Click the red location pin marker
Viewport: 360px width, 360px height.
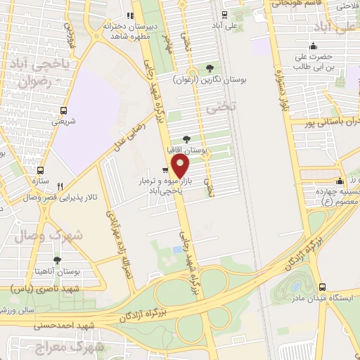tap(181, 167)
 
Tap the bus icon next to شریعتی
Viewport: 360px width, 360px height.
tap(64, 110)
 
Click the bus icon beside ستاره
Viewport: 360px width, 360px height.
tap(40, 170)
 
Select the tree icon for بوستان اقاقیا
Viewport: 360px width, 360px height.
tap(186, 140)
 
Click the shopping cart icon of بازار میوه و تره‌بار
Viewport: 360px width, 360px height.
tap(165, 170)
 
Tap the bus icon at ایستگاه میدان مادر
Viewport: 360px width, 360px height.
tap(322, 287)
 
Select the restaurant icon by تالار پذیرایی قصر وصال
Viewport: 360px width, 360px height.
tap(61, 186)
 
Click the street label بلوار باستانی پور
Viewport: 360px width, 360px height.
tap(329, 122)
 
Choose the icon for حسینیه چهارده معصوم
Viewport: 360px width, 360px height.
tap(340, 181)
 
